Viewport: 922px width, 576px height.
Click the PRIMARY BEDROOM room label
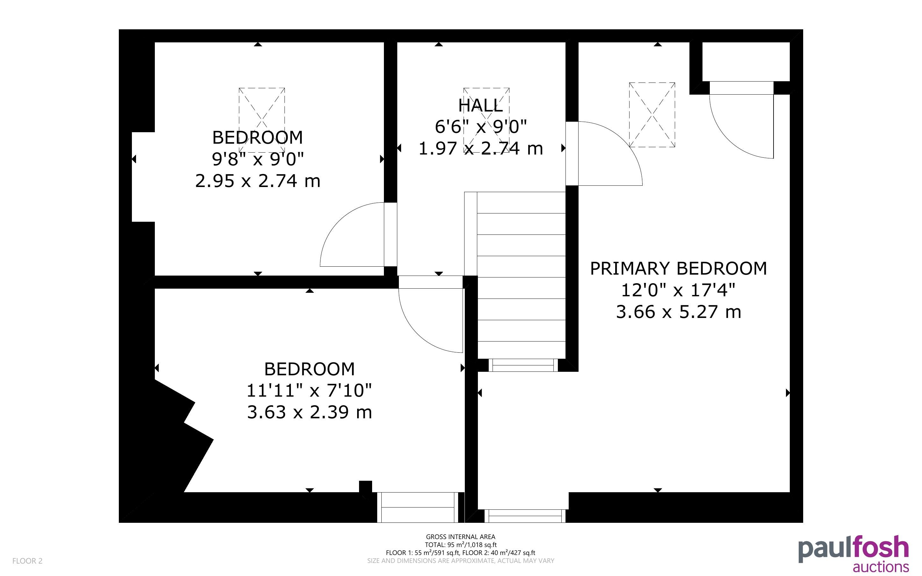(678, 269)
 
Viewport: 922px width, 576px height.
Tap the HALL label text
(481, 105)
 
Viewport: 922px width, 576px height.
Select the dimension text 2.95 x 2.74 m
(258, 181)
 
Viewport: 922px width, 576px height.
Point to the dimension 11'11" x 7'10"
(309, 391)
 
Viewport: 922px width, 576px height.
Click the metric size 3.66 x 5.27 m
(679, 312)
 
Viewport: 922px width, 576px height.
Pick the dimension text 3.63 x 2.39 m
(309, 412)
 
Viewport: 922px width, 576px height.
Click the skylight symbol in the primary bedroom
(652, 115)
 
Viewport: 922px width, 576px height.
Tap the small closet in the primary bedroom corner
(746, 61)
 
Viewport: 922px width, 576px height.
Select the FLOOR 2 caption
(27, 561)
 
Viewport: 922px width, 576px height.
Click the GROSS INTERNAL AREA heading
(461, 537)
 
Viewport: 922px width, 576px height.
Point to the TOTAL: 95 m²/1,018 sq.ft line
(461, 545)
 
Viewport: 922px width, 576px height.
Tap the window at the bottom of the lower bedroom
(418, 507)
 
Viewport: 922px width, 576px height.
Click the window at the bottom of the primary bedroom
(525, 516)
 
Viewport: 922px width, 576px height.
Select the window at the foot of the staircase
(523, 365)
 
